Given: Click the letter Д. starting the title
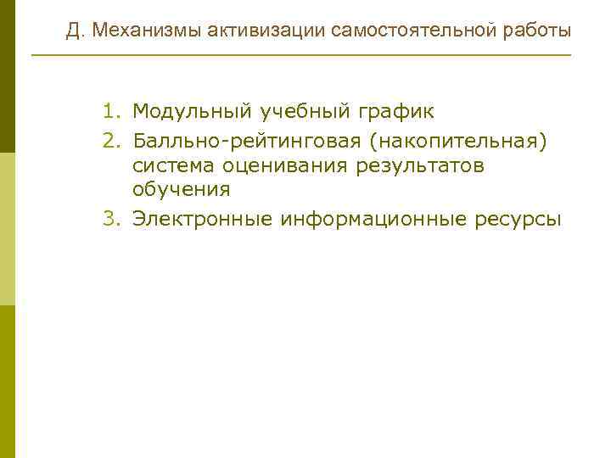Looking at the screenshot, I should click(x=75, y=31).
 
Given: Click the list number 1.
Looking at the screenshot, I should click(x=113, y=111).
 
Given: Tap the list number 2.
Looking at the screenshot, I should click(x=113, y=138).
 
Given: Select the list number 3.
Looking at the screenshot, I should click(x=113, y=219).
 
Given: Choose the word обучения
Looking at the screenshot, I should click(x=182, y=192).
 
